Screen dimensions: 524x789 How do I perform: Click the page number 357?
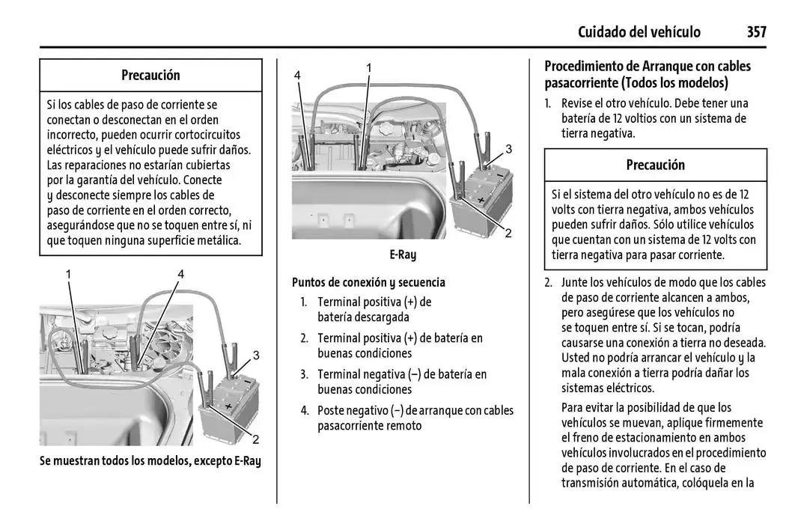[x=756, y=31]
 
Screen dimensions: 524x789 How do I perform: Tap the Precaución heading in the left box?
[x=150, y=75]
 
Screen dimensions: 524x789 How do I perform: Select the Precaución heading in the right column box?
[x=655, y=165]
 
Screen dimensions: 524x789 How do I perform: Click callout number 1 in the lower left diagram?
[x=68, y=274]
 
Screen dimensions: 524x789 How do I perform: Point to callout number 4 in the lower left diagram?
[x=180, y=274]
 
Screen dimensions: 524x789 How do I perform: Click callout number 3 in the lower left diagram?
[x=256, y=355]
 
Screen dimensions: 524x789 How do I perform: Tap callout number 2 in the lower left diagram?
[x=255, y=439]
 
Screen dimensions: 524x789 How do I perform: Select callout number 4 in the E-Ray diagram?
[x=297, y=75]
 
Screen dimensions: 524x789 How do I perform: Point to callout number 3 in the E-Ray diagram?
[x=508, y=149]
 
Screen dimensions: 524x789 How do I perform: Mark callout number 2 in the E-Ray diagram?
[x=508, y=233]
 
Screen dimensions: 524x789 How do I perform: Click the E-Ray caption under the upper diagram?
[x=403, y=255]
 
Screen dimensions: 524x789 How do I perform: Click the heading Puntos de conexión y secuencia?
[x=368, y=282]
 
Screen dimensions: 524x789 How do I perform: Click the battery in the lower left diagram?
[x=228, y=408]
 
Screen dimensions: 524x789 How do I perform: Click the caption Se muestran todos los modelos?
[x=150, y=461]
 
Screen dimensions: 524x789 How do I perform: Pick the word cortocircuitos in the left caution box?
[x=204, y=135]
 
